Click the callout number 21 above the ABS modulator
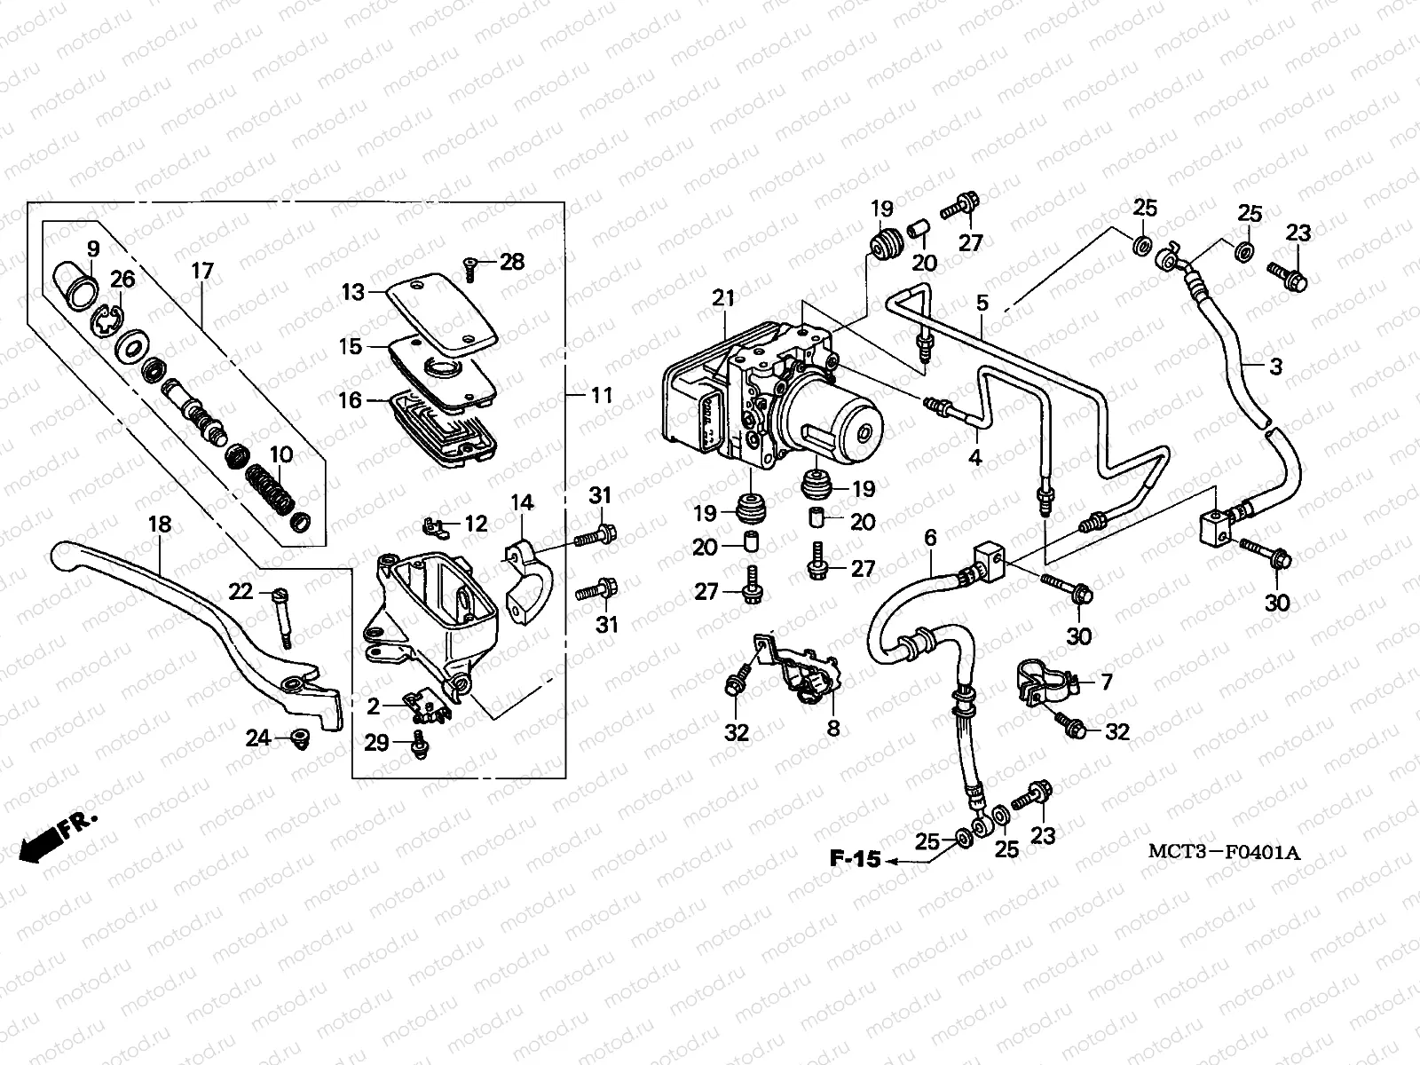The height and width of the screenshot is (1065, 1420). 723,298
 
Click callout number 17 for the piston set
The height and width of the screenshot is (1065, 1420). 202,271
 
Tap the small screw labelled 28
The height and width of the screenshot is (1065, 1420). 469,264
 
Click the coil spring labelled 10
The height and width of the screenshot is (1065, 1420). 272,493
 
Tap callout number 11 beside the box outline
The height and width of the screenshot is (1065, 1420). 602,395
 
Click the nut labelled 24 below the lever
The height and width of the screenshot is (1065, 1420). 298,737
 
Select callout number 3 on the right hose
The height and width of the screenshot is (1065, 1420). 1275,366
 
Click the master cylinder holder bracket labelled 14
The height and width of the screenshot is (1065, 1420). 528,578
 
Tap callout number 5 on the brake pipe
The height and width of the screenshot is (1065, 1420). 982,303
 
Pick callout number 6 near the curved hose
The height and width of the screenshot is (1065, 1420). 930,538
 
